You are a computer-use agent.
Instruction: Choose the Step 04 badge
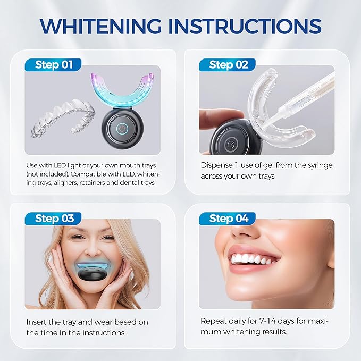[x=228, y=219]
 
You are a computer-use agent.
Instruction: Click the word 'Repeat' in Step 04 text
[x=213, y=322]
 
